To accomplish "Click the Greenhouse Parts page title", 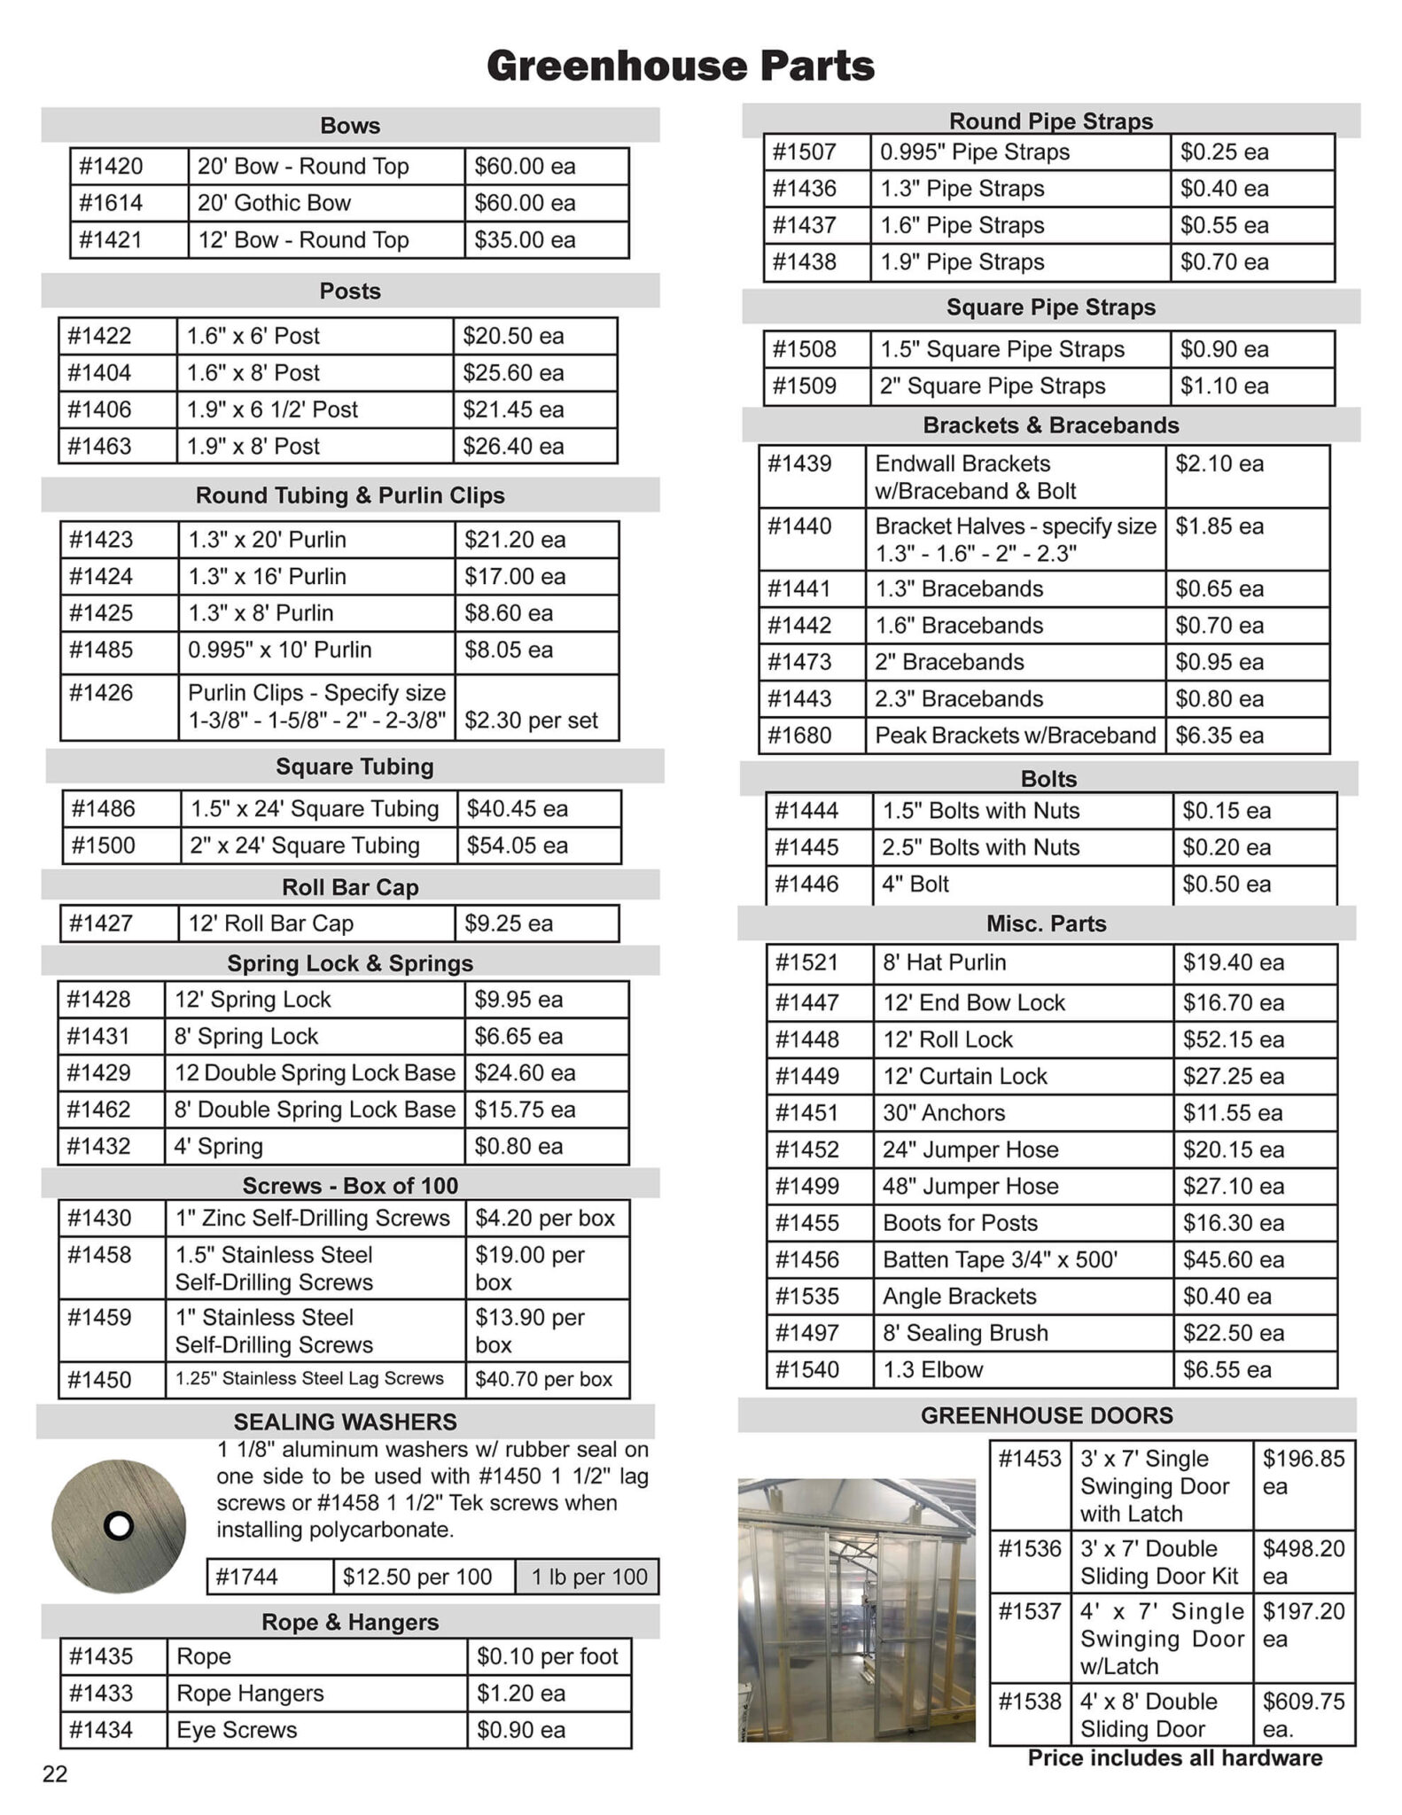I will (x=681, y=66).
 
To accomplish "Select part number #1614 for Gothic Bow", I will (x=111, y=203).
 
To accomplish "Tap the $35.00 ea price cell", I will (x=525, y=240).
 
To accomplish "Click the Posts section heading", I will (x=350, y=291).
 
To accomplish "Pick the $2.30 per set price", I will (x=531, y=721).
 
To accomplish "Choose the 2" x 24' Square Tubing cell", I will (x=305, y=845).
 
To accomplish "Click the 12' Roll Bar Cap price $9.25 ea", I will (x=509, y=923).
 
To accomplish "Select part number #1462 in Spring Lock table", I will (x=98, y=1110).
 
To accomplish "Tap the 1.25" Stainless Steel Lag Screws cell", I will (x=309, y=1379).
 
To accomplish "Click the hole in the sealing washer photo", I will (x=118, y=1525).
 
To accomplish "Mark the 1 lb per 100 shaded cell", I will (x=589, y=1577).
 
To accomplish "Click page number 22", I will (x=55, y=1774).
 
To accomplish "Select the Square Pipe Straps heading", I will (x=1051, y=308).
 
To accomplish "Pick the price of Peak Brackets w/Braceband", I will (x=1219, y=736).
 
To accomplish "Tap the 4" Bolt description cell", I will (x=915, y=884).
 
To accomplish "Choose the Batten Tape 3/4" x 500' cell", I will (x=1001, y=1259).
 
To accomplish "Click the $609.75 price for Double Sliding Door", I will (x=1304, y=1702).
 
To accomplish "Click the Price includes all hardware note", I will (x=1175, y=1758).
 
